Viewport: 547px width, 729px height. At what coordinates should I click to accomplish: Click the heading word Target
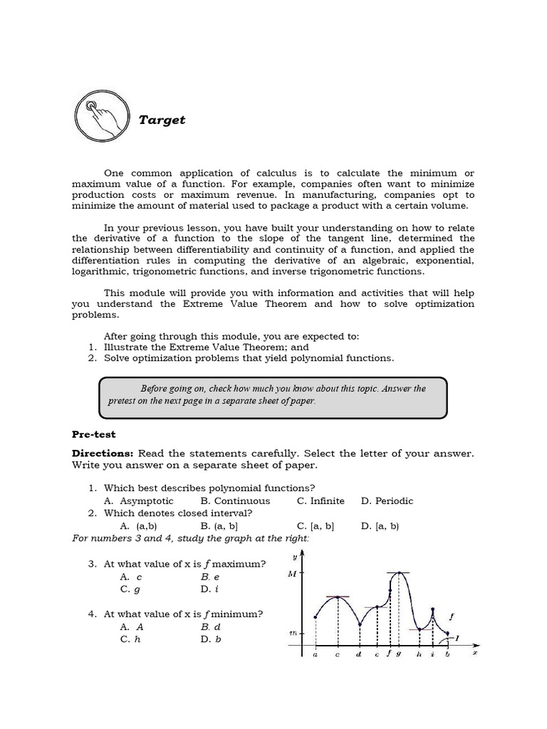point(162,120)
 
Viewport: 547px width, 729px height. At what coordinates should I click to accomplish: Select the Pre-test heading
point(93,434)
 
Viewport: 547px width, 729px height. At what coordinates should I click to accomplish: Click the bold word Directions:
point(103,453)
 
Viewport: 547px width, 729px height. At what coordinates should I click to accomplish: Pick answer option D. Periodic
point(387,500)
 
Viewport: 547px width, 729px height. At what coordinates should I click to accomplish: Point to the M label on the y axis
point(292,574)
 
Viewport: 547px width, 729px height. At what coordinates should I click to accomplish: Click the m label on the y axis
point(292,632)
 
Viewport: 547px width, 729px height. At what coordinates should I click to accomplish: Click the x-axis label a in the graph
point(315,654)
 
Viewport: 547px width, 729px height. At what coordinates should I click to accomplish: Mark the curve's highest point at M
point(400,572)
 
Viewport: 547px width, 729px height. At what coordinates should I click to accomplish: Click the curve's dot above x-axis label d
point(359,625)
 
